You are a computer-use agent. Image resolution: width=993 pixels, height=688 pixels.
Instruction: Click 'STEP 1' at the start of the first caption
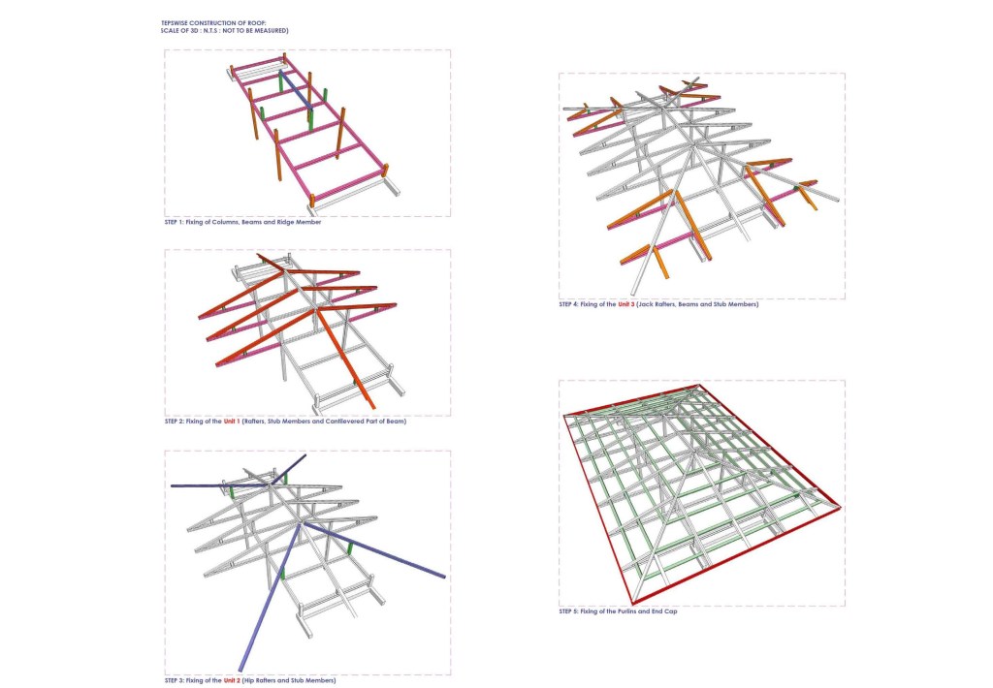(174, 223)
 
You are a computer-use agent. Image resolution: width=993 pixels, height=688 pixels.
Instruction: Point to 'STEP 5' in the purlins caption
(568, 612)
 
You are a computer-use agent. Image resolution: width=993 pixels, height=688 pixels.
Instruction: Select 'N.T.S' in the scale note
(210, 30)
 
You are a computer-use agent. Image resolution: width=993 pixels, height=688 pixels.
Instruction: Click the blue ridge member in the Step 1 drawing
(295, 89)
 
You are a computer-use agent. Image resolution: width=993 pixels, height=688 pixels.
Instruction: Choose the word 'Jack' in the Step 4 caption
(645, 304)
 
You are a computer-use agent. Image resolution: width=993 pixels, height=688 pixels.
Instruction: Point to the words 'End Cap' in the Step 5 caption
(665, 612)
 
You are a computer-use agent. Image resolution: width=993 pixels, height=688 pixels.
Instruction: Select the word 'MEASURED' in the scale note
(272, 30)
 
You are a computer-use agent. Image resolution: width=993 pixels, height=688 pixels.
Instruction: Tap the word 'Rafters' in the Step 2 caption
(255, 422)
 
